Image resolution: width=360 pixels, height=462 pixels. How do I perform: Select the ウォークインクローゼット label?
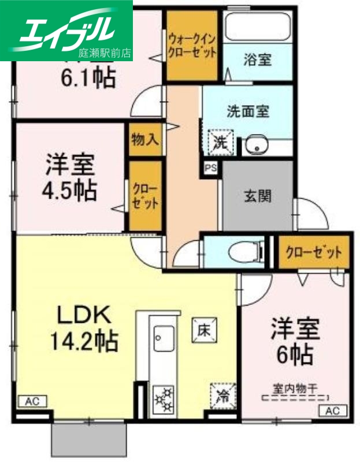pyautogui.click(x=192, y=45)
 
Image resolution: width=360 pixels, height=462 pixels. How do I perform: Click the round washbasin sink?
pyautogui.click(x=254, y=146)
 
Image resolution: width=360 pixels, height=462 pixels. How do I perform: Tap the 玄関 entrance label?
pyautogui.click(x=256, y=195)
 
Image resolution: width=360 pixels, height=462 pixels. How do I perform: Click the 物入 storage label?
pyautogui.click(x=145, y=140)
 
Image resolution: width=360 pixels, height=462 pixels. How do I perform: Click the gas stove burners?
pyautogui.click(x=164, y=398)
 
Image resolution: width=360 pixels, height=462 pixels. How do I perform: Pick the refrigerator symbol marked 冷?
pyautogui.click(x=221, y=396)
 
